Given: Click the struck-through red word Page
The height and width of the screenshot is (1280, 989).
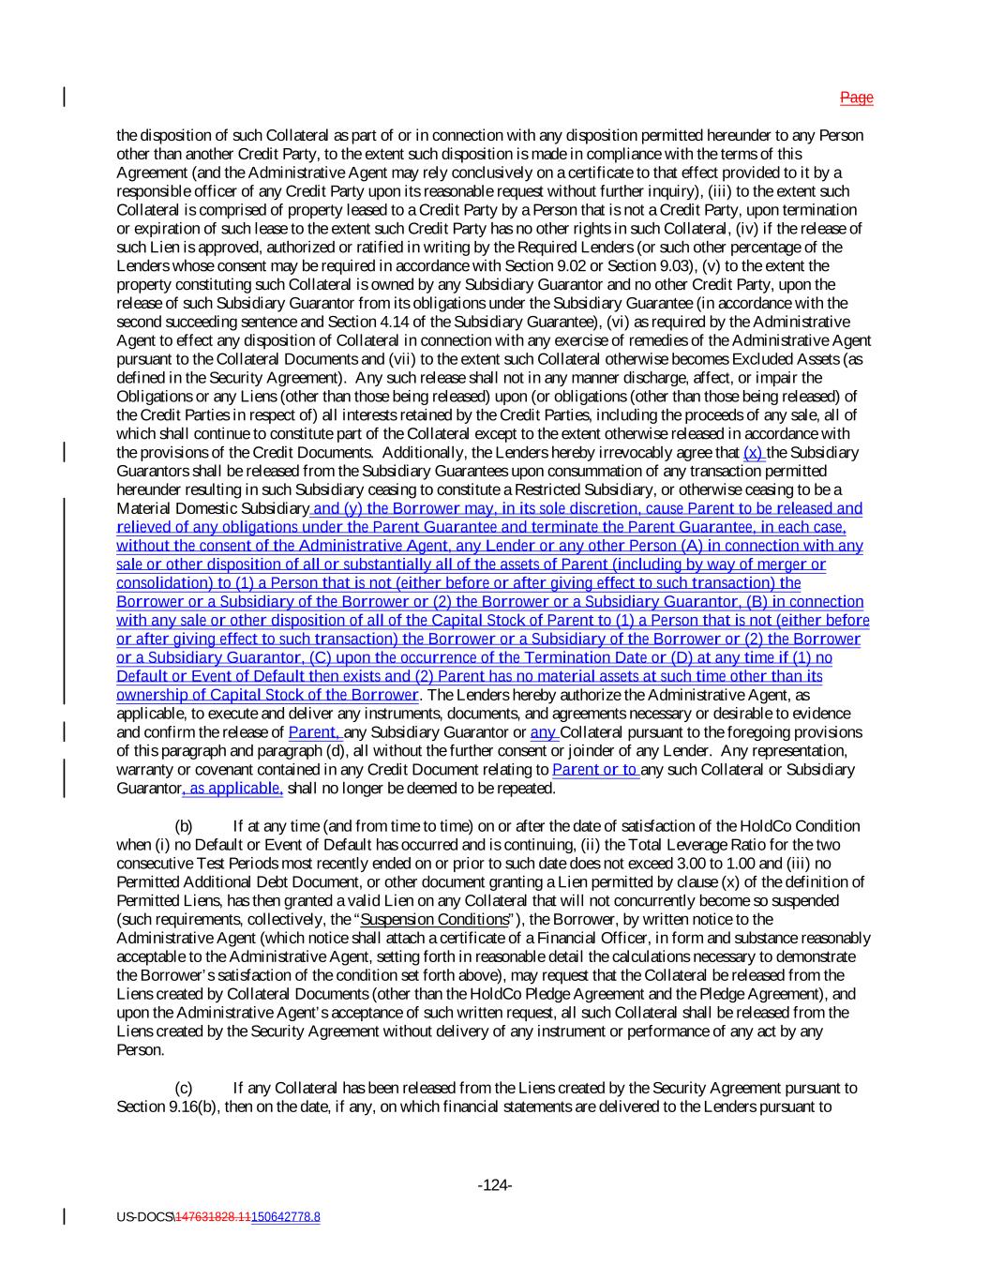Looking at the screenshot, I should pyautogui.click(x=856, y=98).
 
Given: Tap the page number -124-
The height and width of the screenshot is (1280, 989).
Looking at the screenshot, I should pyautogui.click(x=494, y=1185).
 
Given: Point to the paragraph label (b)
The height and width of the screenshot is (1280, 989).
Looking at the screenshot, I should pyautogui.click(x=184, y=826).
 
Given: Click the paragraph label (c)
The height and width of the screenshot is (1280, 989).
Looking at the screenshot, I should pyautogui.click(x=184, y=1088).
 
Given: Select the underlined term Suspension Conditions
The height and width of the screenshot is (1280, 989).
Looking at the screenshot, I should pyautogui.click(x=434, y=919).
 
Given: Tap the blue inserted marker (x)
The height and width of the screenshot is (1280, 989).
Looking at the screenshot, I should pyautogui.click(x=754, y=452).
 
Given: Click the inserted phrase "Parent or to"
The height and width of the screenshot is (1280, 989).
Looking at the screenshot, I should pyautogui.click(x=595, y=770).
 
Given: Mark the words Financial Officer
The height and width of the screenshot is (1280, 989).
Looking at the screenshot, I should pyautogui.click(x=708, y=938).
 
